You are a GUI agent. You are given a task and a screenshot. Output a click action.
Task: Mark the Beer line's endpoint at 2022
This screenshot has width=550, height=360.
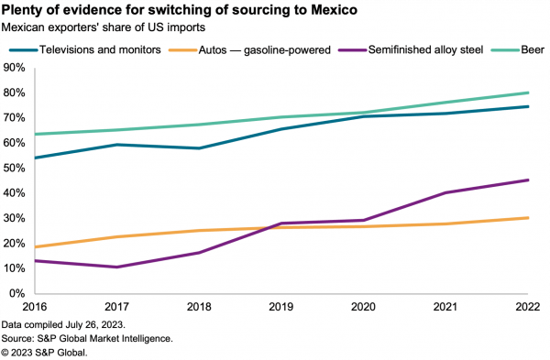tap(529, 93)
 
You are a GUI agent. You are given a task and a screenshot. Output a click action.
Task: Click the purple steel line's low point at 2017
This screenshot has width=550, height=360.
tap(115, 267)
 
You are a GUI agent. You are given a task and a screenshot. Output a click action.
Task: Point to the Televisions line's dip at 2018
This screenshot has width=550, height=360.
tap(198, 148)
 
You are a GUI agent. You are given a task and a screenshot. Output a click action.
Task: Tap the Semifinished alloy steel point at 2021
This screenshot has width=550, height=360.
tap(446, 192)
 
